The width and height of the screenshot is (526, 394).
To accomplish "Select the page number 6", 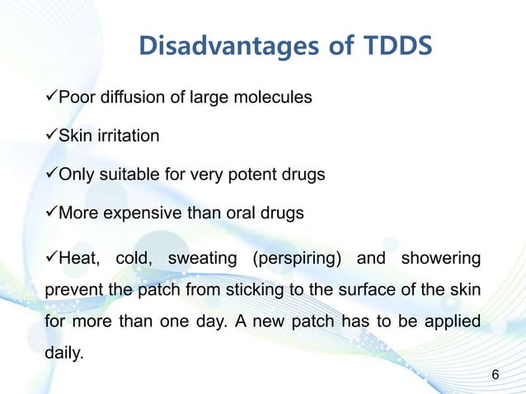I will [x=495, y=375].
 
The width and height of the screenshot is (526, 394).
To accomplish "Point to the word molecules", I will [x=274, y=97].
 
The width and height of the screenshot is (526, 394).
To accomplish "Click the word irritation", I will [x=123, y=136].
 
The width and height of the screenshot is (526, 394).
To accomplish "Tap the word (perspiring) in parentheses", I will [x=296, y=260].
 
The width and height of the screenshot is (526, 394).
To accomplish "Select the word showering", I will [x=439, y=260].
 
